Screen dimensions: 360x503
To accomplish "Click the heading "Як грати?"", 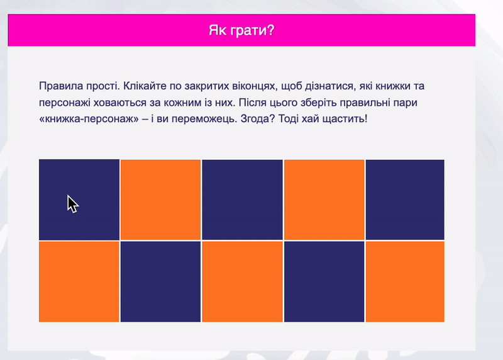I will click(x=241, y=30).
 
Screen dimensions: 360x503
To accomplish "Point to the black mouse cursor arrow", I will click(x=72, y=203).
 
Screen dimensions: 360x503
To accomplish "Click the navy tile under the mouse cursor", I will click(x=79, y=200).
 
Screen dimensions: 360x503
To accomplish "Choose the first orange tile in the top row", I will click(x=160, y=200).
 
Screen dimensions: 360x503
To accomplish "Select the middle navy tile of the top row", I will click(x=242, y=200).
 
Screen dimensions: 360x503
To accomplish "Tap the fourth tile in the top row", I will click(x=324, y=200).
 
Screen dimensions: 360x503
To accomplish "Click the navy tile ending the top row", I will click(x=405, y=200).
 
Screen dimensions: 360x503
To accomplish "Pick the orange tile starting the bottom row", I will click(x=79, y=281).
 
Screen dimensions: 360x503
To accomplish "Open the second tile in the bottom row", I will click(x=160, y=281).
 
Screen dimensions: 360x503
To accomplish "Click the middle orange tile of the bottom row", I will click(x=242, y=281).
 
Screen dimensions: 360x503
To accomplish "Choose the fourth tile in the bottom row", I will click(x=324, y=281).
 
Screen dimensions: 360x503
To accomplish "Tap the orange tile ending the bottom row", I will click(x=405, y=281).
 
